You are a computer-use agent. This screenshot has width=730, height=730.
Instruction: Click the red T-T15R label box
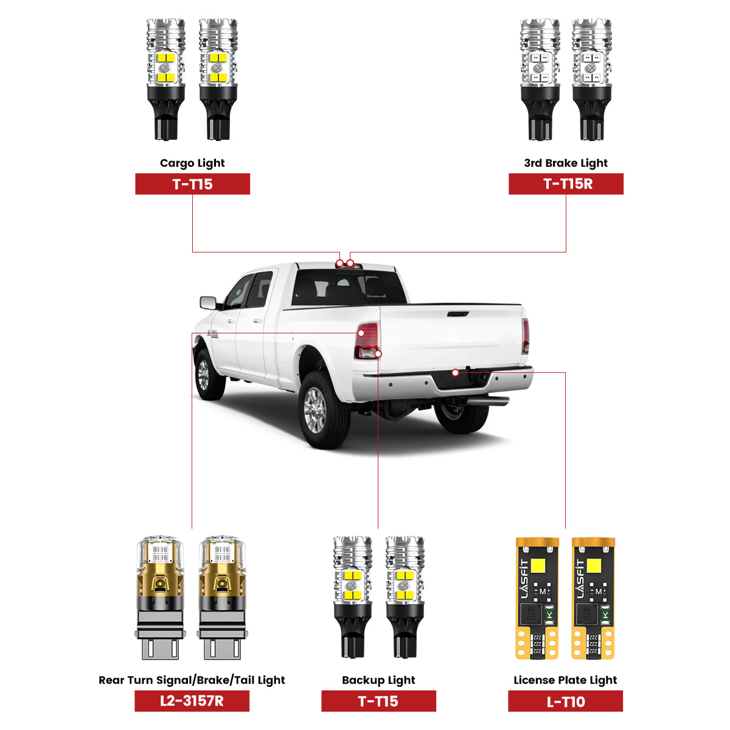pyautogui.click(x=566, y=184)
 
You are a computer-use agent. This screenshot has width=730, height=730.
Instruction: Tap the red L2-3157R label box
pyautogui.click(x=192, y=701)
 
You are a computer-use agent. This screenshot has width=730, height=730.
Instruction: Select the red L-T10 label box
pyautogui.click(x=565, y=701)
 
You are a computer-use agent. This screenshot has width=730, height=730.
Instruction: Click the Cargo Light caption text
pyautogui.click(x=192, y=163)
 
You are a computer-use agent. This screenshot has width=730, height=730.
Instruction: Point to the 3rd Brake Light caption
pyautogui.click(x=566, y=163)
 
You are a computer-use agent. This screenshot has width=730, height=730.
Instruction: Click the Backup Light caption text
pyautogui.click(x=378, y=680)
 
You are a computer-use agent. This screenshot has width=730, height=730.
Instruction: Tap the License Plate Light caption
pyautogui.click(x=565, y=680)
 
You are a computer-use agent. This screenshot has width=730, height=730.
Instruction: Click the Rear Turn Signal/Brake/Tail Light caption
pyautogui.click(x=192, y=680)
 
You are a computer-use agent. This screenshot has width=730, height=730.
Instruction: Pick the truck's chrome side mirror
pyautogui.click(x=208, y=302)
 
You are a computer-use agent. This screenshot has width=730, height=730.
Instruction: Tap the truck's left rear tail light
pyautogui.click(x=367, y=341)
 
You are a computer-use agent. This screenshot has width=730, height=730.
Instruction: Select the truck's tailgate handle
pyautogui.click(x=457, y=314)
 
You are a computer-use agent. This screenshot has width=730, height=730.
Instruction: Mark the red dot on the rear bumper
pyautogui.click(x=455, y=373)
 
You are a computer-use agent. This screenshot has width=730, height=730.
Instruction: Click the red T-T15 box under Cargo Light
pyautogui.click(x=192, y=184)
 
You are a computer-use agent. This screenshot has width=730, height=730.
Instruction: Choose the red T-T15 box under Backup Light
pyautogui.click(x=378, y=701)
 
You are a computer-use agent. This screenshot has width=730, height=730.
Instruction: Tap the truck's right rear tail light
pyautogui.click(x=526, y=336)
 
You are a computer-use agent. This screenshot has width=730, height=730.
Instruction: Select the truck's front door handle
pyautogui.click(x=231, y=321)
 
